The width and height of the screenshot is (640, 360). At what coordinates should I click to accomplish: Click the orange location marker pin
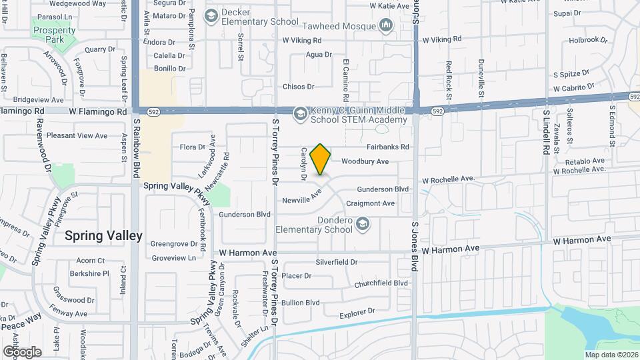pos(321,159)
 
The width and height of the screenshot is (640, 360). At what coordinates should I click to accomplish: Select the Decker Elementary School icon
pos(211,15)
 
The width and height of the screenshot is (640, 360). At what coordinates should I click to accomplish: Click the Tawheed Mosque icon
pos(385,25)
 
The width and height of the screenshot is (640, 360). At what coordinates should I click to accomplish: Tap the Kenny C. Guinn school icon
pos(300,113)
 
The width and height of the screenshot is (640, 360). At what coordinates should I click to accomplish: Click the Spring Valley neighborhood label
pos(103,236)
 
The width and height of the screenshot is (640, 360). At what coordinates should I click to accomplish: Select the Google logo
pos(22,352)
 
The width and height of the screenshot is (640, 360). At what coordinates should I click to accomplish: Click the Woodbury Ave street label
pos(365,161)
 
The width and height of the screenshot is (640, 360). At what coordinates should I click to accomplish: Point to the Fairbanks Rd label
pos(387,147)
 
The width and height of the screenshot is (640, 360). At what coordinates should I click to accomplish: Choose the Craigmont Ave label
pos(370,203)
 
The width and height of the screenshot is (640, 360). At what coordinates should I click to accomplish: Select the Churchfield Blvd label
pos(381,283)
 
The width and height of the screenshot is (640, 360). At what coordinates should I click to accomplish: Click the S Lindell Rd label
pos(545,133)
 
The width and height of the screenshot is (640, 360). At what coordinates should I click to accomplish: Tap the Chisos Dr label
pos(298,87)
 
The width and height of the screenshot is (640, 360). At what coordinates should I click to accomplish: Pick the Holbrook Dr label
pos(589,40)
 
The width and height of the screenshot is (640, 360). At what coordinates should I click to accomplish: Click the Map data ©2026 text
pos(610,355)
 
